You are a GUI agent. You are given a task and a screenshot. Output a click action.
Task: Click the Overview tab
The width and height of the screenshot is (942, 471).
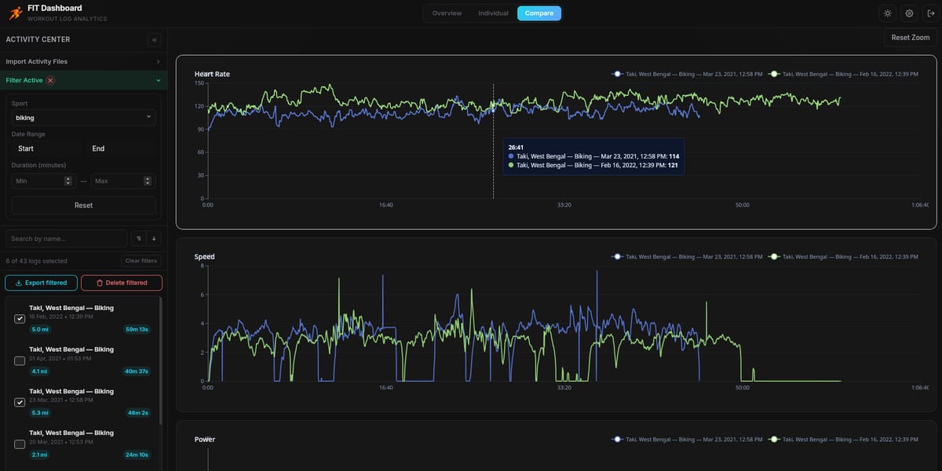(x=447, y=13)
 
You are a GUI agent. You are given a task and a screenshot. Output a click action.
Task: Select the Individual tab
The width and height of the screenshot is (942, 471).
(x=493, y=13)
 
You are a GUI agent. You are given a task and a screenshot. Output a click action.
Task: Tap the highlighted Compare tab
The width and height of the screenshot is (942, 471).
(x=539, y=13)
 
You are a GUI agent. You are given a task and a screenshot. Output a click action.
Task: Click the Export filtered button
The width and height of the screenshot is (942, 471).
(x=41, y=283)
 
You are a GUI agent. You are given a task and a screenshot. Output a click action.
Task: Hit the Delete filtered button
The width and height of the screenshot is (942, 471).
(x=121, y=283)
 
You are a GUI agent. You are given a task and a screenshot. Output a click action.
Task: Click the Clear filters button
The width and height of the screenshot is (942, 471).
(x=141, y=261)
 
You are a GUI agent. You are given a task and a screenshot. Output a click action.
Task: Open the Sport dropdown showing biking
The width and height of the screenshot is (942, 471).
(x=83, y=118)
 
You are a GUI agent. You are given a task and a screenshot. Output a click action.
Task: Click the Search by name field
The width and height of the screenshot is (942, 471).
(x=66, y=239)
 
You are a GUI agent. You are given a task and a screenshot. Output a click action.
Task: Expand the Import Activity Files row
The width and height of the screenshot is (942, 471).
(x=83, y=61)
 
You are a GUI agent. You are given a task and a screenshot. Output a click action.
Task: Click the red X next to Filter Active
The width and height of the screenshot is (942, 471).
(x=51, y=80)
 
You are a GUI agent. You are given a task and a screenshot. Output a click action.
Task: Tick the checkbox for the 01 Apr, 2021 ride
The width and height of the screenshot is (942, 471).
(x=20, y=360)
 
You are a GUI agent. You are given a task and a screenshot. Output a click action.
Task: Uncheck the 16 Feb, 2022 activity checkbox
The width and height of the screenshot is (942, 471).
(x=20, y=319)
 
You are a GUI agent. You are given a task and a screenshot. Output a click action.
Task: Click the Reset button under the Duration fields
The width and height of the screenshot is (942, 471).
(x=83, y=205)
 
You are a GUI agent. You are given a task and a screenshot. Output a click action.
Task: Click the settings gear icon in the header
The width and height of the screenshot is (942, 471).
(x=909, y=13)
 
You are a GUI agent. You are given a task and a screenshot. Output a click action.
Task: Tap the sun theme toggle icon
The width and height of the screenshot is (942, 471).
(x=887, y=13)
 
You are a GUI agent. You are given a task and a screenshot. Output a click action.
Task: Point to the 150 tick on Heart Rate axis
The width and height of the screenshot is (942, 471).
(x=199, y=82)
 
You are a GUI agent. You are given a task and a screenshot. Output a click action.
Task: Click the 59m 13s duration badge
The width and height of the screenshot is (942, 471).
(x=137, y=330)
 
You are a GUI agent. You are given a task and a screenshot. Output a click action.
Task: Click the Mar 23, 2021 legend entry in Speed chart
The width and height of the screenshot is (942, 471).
(x=687, y=257)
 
